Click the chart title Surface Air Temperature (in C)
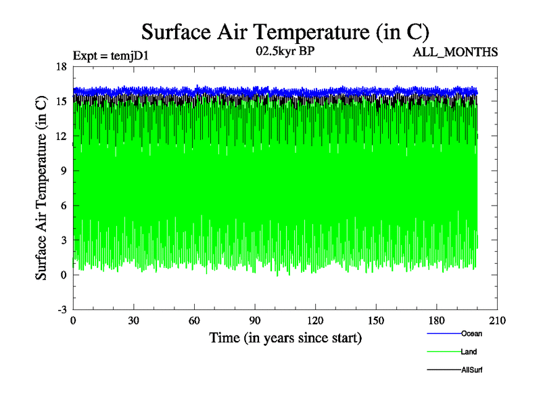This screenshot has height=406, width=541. (285, 32)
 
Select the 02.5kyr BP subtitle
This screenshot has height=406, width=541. (285, 51)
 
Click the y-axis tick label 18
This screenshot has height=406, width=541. (61, 66)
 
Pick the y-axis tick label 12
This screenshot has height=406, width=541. (61, 136)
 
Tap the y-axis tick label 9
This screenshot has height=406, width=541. (63, 171)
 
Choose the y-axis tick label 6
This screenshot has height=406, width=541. (63, 206)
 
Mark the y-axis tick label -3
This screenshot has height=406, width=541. (61, 309)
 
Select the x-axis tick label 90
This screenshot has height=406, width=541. (255, 321)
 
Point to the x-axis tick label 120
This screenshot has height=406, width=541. (315, 321)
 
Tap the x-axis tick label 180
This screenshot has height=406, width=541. (436, 321)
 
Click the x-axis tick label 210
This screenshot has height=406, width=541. (497, 321)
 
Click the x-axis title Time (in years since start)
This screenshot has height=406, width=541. (285, 337)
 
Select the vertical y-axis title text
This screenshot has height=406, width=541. (42, 188)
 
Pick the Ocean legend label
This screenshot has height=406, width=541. (471, 334)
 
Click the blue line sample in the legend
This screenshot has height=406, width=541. (444, 334)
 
